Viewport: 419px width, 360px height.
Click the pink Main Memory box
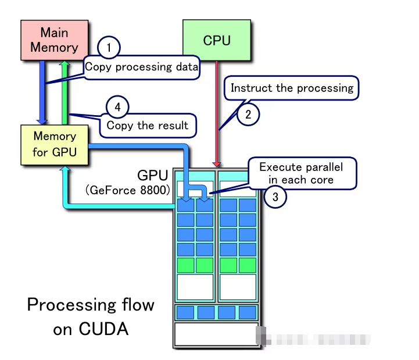[54, 40]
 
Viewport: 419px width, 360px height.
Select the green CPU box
[216, 40]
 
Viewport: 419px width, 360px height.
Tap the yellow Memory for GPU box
[54, 144]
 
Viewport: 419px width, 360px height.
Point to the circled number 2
[248, 115]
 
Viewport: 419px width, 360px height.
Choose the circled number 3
[275, 197]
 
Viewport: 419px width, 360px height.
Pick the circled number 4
[117, 107]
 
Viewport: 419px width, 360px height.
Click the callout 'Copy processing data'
[142, 67]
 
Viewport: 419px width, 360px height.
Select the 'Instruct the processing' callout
[292, 88]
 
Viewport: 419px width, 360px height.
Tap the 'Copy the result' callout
[148, 125]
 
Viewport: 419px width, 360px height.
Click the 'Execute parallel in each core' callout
[301, 173]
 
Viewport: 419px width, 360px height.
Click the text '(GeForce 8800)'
[127, 190]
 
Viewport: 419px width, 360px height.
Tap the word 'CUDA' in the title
[104, 329]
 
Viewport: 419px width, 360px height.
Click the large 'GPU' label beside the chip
[152, 175]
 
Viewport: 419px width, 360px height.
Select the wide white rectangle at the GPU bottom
[216, 334]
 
